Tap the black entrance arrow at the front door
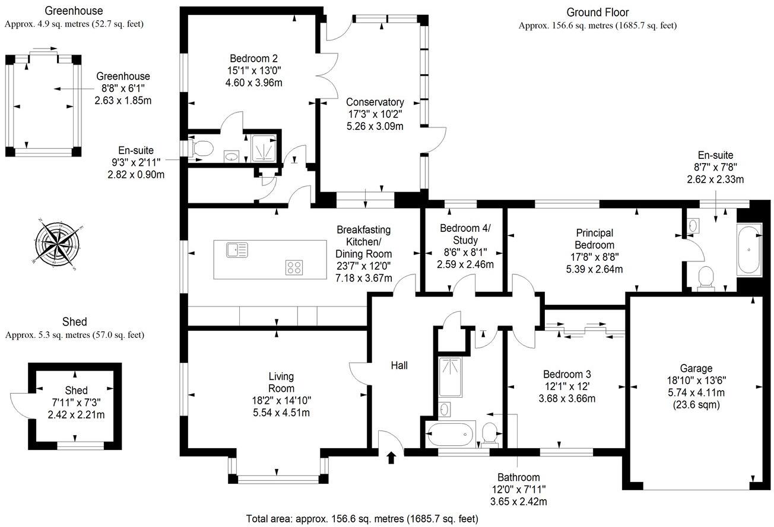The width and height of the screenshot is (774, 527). point(391,457)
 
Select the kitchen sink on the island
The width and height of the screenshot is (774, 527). point(237,250)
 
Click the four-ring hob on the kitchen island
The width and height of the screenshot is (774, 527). point(294,267)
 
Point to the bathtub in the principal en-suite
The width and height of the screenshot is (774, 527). point(752,250)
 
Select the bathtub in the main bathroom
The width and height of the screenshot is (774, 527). point(451,436)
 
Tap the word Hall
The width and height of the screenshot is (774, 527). point(399,366)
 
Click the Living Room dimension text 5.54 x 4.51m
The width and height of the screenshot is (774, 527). point(281,413)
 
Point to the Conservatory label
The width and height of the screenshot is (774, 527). point(375,102)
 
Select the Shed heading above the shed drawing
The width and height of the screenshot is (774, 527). point(74,322)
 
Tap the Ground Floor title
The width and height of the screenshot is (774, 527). point(597,12)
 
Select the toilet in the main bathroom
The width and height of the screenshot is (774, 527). point(490,433)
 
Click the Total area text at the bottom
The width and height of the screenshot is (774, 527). point(361,519)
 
